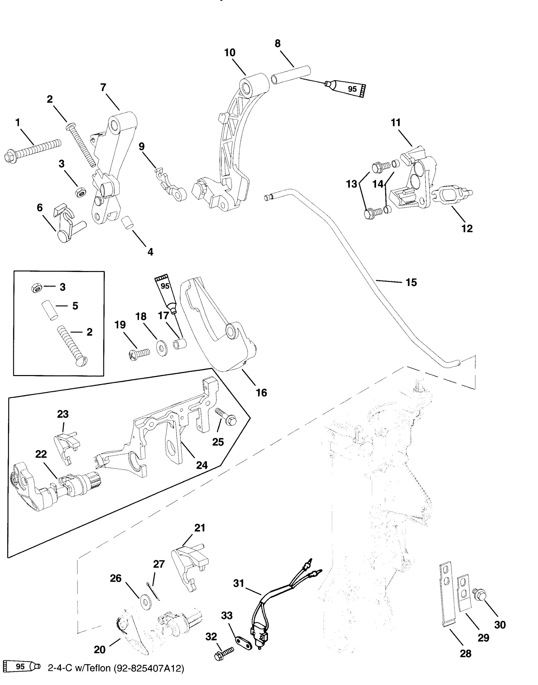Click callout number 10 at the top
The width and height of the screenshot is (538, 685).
230,53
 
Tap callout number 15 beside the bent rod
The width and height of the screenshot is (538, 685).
411,282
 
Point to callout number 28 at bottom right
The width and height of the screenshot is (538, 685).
466,654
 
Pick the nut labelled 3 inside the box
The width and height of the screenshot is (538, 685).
36,287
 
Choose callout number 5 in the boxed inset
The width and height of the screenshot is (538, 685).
75,305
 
